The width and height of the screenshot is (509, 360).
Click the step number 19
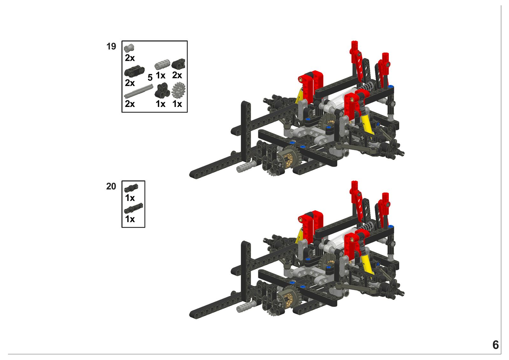[111, 46]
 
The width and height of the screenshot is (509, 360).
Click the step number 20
[111, 187]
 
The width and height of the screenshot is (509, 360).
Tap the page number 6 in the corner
[496, 345]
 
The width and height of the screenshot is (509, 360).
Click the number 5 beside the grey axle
[150, 78]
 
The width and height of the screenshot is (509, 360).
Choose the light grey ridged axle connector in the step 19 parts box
[162, 65]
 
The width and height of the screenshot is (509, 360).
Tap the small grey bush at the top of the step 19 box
[129, 48]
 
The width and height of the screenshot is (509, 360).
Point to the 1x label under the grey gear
[177, 104]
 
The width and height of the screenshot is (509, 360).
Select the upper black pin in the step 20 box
[131, 188]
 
